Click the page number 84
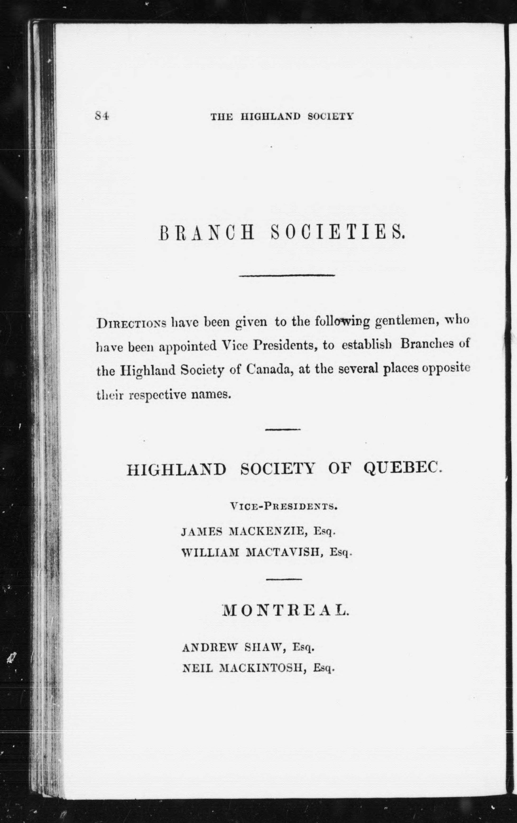click(x=102, y=116)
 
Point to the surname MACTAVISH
click(x=285, y=552)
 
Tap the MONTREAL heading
click(x=286, y=610)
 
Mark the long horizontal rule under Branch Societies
click(x=287, y=275)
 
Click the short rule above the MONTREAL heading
click(x=284, y=579)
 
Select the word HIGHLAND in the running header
click(x=271, y=117)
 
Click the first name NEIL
click(x=198, y=668)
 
